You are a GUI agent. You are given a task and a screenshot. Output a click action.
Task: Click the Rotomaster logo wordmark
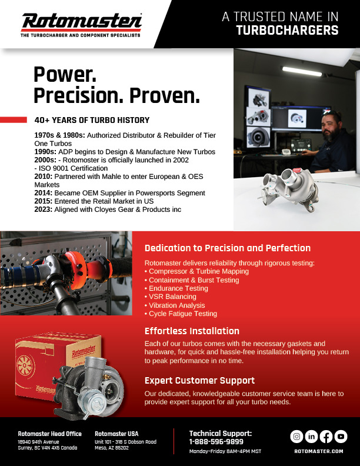pos(82,21)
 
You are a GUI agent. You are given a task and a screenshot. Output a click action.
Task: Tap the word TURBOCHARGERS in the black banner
pos(287,31)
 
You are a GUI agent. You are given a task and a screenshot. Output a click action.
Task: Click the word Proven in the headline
pos(165,95)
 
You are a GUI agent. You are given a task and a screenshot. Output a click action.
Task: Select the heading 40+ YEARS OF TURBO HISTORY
pos(92,120)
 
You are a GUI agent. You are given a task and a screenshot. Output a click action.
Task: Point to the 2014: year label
pos(44,193)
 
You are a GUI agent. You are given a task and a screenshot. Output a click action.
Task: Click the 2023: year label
pos(44,209)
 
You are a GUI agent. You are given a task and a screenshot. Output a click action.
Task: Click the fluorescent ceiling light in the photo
pos(302,71)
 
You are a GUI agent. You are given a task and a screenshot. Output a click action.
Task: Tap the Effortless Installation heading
pos(192,331)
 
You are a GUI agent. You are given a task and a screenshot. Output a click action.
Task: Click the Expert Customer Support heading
pos(199,381)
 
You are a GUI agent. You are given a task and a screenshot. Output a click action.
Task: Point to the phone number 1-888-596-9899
pos(216,442)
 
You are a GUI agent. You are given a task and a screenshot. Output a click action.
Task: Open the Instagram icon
pos(296,437)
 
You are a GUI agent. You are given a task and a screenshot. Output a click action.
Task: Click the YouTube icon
pos(341,437)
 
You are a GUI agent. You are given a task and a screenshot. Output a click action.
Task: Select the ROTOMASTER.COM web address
pos(319,451)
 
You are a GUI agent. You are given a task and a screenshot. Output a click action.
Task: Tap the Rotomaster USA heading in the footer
pos(116,434)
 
